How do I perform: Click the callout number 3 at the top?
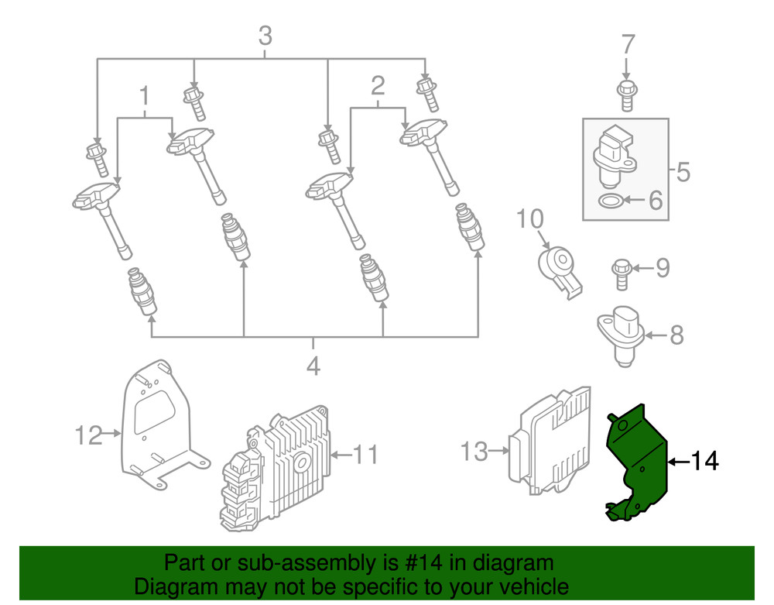(265, 36)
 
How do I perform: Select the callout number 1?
(144, 97)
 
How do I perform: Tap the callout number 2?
(378, 85)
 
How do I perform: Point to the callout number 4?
(313, 366)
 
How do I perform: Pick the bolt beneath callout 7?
(627, 95)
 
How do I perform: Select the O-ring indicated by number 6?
(611, 202)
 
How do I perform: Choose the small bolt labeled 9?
(621, 272)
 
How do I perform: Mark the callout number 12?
(89, 435)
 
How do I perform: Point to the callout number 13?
(475, 451)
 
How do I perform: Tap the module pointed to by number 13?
(550, 442)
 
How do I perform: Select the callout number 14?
(704, 462)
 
